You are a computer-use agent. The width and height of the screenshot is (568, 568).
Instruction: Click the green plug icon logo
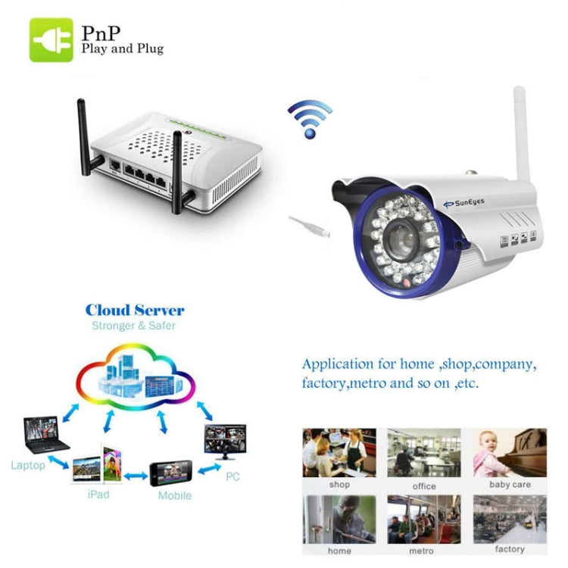click(51, 40)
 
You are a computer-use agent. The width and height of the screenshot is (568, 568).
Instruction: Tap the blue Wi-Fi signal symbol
click(310, 119)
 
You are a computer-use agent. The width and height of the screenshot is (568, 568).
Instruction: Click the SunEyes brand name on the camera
click(464, 203)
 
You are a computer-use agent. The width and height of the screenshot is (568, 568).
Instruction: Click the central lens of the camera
click(401, 240)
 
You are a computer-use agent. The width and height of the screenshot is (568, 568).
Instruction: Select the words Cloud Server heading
click(135, 311)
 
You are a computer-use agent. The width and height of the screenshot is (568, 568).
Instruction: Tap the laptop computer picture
click(45, 435)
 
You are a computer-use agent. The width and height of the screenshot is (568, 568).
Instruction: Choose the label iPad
click(98, 495)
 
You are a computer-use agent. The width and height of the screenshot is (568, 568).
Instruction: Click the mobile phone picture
click(171, 473)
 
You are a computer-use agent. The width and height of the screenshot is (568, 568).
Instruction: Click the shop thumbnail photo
click(339, 453)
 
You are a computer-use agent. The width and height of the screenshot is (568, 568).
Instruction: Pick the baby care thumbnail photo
click(510, 453)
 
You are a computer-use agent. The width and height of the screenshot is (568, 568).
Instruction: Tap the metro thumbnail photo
click(424, 520)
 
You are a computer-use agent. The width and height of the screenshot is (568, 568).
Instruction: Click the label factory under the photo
click(510, 549)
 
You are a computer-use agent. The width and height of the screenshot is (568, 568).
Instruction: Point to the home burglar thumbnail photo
click(339, 520)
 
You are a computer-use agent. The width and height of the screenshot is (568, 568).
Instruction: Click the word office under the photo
click(424, 486)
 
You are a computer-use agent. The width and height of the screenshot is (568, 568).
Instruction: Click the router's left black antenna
click(86, 138)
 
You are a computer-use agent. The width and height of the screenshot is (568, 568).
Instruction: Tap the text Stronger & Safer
click(133, 326)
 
